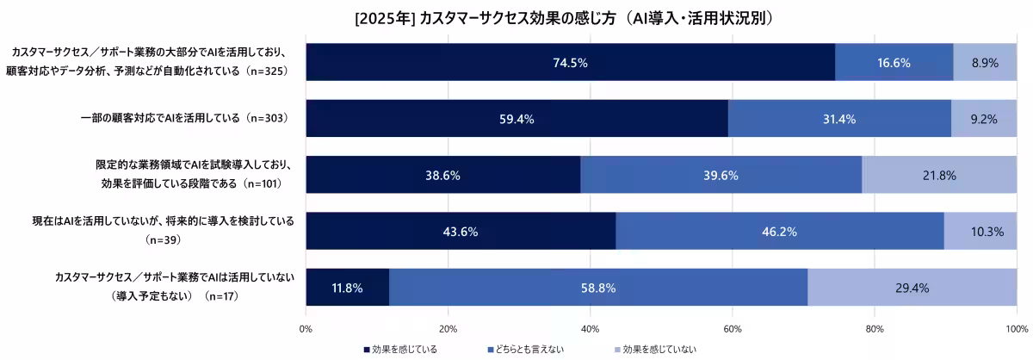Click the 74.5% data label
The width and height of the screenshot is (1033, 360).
click(570, 62)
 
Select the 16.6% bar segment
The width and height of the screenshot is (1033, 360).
click(894, 62)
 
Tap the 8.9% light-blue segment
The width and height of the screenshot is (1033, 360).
click(985, 62)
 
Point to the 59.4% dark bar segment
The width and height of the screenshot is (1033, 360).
click(516, 119)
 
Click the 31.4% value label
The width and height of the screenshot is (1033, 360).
click(839, 119)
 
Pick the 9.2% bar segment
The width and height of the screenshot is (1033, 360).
click(983, 119)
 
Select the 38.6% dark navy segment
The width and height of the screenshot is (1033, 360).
click(442, 175)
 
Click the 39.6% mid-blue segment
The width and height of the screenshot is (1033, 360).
click(721, 175)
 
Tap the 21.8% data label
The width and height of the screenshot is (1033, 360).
click(938, 175)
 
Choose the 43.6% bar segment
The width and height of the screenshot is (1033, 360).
click(461, 232)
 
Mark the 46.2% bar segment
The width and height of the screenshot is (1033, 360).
click(779, 232)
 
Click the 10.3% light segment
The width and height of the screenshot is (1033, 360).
click(980, 232)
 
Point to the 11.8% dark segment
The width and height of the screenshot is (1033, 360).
click(347, 288)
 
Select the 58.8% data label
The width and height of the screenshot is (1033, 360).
click(598, 288)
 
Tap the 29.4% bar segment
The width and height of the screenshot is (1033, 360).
click(912, 288)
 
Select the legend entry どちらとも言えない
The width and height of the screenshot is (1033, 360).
click(530, 349)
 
